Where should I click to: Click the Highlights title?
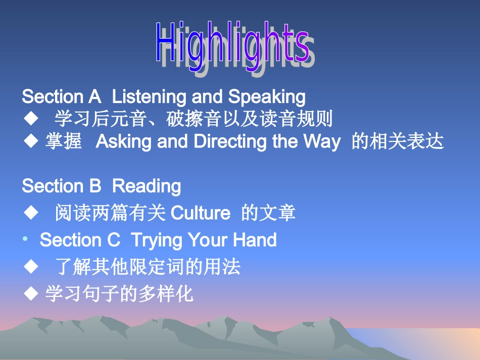(x=232, y=44)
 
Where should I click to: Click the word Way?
(x=321, y=142)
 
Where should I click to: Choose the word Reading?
(x=146, y=186)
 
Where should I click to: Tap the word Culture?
(x=201, y=213)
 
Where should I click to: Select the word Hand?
(x=255, y=240)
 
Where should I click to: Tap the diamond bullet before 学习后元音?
(x=31, y=119)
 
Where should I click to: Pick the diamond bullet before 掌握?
(x=31, y=142)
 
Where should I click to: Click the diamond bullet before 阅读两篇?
(x=31, y=213)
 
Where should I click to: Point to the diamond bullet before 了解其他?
(x=31, y=267)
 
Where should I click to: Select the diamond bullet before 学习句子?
(x=31, y=293)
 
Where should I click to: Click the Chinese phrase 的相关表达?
(x=397, y=142)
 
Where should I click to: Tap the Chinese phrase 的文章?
(x=268, y=213)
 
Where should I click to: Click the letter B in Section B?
(x=95, y=186)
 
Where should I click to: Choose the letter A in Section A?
(x=94, y=96)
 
